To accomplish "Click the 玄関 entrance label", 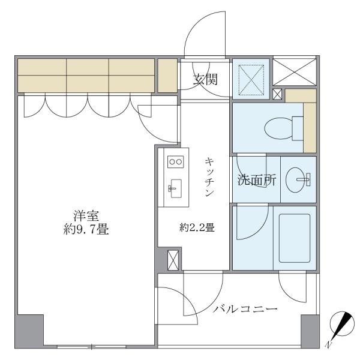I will (x=205, y=79).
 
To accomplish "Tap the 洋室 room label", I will (x=83, y=215).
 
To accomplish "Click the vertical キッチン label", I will (x=210, y=177).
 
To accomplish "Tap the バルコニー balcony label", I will (x=245, y=310).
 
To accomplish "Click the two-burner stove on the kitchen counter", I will (x=175, y=161).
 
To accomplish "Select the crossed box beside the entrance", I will (x=249, y=77).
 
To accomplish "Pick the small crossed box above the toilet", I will (x=277, y=94).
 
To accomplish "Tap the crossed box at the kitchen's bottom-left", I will (x=173, y=260).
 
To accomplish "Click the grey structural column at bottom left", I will (x=29, y=330).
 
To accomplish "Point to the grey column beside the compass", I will (x=310, y=330).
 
